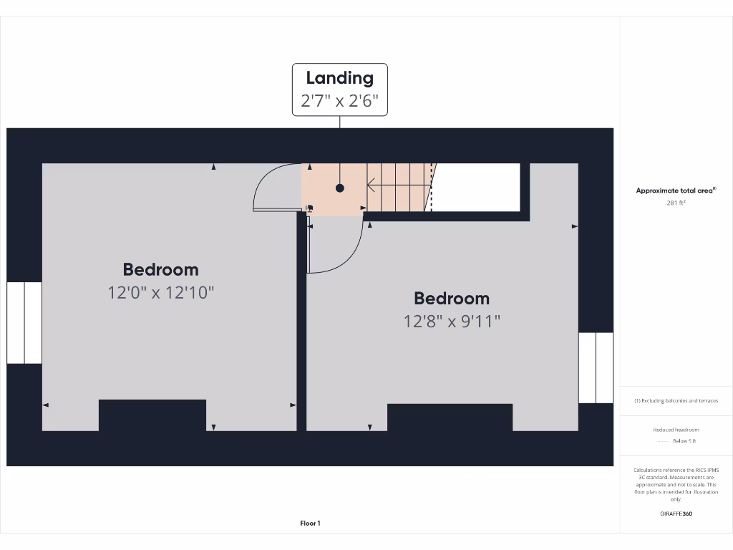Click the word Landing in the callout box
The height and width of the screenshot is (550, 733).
tap(339, 78)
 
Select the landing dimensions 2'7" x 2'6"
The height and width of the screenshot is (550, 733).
tap(339, 100)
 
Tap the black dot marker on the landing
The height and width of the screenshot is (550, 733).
tap(340, 188)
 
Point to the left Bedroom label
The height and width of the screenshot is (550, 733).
tap(160, 270)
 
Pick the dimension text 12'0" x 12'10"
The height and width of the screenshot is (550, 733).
tap(160, 292)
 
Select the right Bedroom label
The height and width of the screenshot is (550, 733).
tap(451, 299)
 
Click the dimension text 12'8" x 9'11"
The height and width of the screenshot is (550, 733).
tap(451, 321)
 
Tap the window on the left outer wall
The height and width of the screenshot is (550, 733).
tap(24, 322)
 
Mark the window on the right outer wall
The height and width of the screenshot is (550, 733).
tap(596, 367)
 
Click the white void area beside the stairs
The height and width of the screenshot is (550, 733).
tap(477, 188)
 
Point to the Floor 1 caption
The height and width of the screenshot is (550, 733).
tap(309, 524)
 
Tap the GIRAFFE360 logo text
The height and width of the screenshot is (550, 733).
tap(676, 513)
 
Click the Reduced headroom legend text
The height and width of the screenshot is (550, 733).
tap(676, 430)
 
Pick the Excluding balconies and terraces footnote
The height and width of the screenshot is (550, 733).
tap(676, 401)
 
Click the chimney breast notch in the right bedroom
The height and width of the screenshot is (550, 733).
tap(450, 418)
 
